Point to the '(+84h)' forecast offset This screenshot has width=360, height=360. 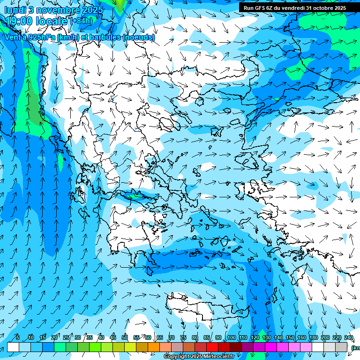tap(81, 21)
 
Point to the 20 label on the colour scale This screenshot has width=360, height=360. tap(54, 338)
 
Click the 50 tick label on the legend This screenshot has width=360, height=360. tap(124, 338)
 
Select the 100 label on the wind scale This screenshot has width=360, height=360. tap(231, 338)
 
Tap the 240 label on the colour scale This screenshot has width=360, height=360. tap(349, 338)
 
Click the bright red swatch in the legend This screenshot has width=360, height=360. tap(212, 347)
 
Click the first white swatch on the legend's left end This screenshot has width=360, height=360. tap(13, 347)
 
